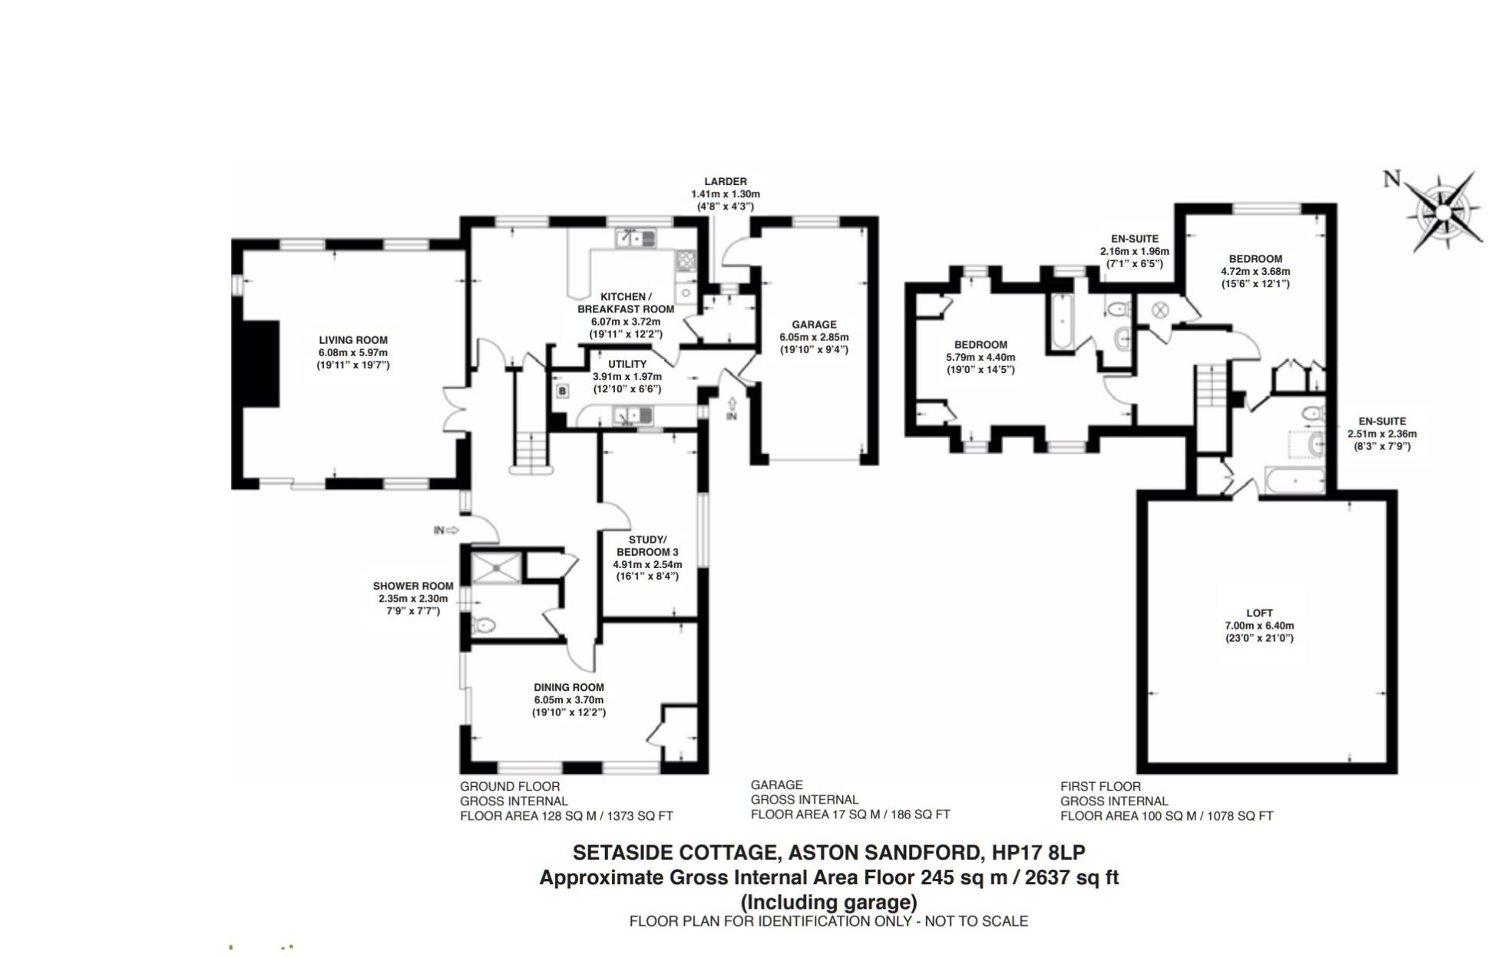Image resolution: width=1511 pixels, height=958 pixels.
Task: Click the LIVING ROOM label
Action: [x=353, y=340]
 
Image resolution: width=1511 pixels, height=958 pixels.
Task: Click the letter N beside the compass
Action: [x=1391, y=180]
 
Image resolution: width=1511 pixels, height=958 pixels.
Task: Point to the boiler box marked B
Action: [x=562, y=391]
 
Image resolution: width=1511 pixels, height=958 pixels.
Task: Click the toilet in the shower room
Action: [x=484, y=626]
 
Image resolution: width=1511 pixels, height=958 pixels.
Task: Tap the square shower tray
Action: [x=496, y=567]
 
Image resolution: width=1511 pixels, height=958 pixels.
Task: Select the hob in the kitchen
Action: [x=686, y=261]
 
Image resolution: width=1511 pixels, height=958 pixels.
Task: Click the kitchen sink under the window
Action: [x=636, y=239]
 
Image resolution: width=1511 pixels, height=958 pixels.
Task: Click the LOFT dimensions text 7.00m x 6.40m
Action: [x=1259, y=626]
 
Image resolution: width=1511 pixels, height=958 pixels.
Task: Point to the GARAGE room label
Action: [x=814, y=325]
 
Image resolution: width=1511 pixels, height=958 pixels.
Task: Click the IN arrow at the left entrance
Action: [x=446, y=530]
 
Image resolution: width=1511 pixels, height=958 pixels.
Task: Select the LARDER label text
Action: [x=726, y=182]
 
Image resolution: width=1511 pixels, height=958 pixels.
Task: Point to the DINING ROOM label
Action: [x=569, y=688]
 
